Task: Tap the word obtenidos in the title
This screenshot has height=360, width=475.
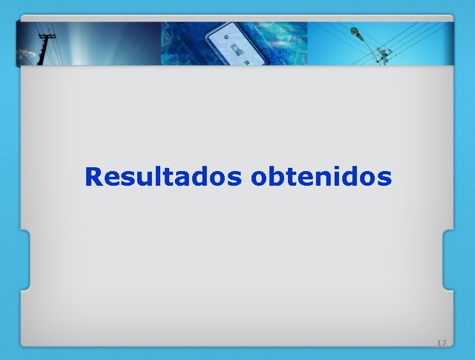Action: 321,177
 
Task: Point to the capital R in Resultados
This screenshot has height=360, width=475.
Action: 93,177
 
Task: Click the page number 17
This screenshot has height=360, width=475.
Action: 441,343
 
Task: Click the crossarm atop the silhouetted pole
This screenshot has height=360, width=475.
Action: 45,37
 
